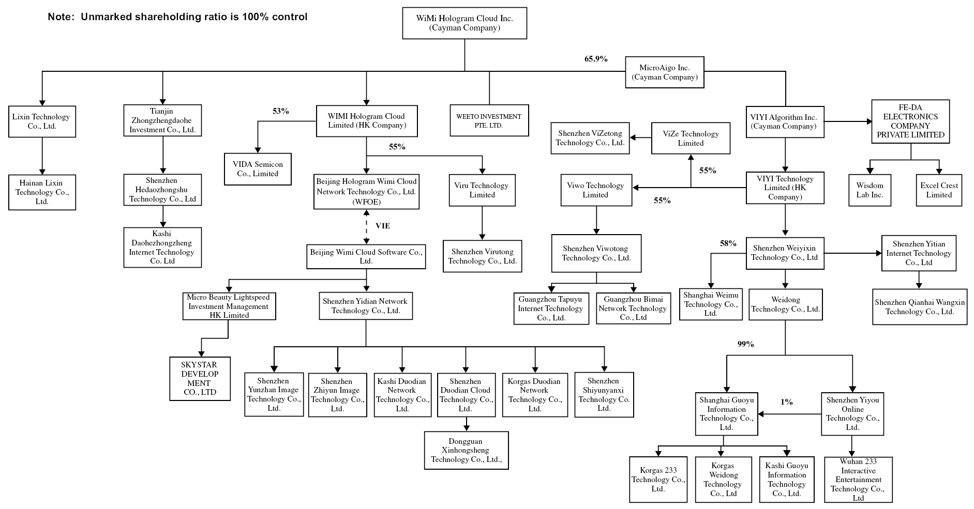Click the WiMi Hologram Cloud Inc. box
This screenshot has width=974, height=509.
point(464,23)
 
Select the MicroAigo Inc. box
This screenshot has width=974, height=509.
point(664,72)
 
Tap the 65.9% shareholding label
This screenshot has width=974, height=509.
point(596,59)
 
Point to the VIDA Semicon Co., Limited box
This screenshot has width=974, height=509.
point(258,169)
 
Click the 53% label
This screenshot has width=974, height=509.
point(280,111)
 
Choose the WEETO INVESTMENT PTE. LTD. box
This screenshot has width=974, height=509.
point(489,121)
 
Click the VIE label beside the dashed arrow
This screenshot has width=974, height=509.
point(383,226)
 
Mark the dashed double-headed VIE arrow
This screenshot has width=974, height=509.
point(367,226)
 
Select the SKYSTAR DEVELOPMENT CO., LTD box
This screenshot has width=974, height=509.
point(200,378)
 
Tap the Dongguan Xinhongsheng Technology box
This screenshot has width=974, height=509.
point(466,450)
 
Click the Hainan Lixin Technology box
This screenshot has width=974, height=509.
point(42,192)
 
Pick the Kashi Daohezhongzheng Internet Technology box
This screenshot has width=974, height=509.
point(162,247)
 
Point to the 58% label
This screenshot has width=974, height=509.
point(728,243)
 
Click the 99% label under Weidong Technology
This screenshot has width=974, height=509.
point(745,344)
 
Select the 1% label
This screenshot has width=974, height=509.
point(786,402)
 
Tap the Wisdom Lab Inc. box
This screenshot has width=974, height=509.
point(870,190)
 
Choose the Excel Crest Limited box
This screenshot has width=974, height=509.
point(939,190)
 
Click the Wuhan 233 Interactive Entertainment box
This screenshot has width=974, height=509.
point(858,480)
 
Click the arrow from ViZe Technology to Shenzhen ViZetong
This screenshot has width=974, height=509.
point(640,138)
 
